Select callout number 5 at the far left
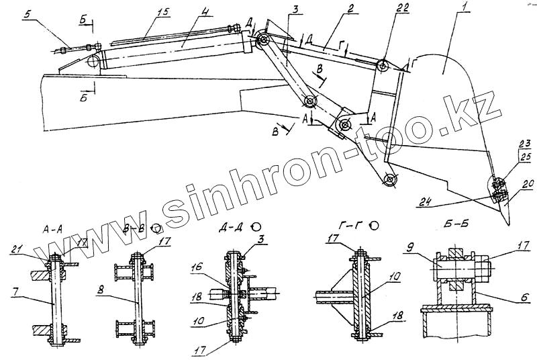tap(26, 13)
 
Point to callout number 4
tap(207, 12)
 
